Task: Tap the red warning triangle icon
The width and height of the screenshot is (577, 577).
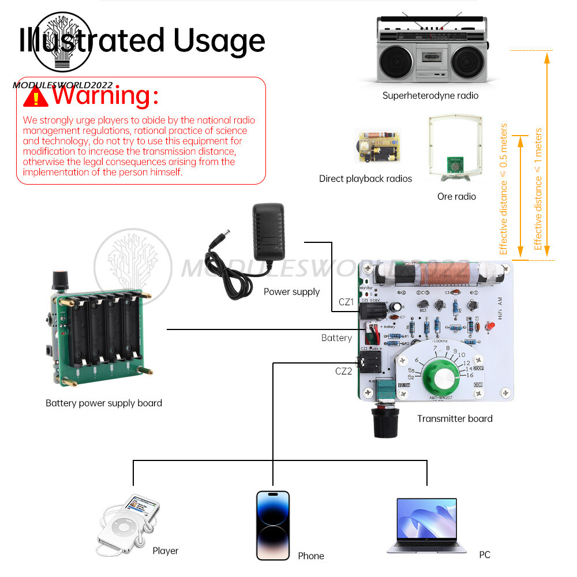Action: (36, 96)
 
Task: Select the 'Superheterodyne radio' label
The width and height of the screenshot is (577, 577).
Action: (430, 96)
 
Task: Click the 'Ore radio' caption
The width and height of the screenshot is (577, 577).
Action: (456, 197)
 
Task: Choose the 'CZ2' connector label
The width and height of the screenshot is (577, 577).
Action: (343, 371)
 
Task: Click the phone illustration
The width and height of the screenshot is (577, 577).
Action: (273, 525)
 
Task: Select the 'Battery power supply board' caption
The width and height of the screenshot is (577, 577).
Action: (104, 403)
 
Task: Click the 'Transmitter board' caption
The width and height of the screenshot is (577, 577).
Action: (455, 418)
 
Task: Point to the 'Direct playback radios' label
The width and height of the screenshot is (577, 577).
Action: (365, 179)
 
